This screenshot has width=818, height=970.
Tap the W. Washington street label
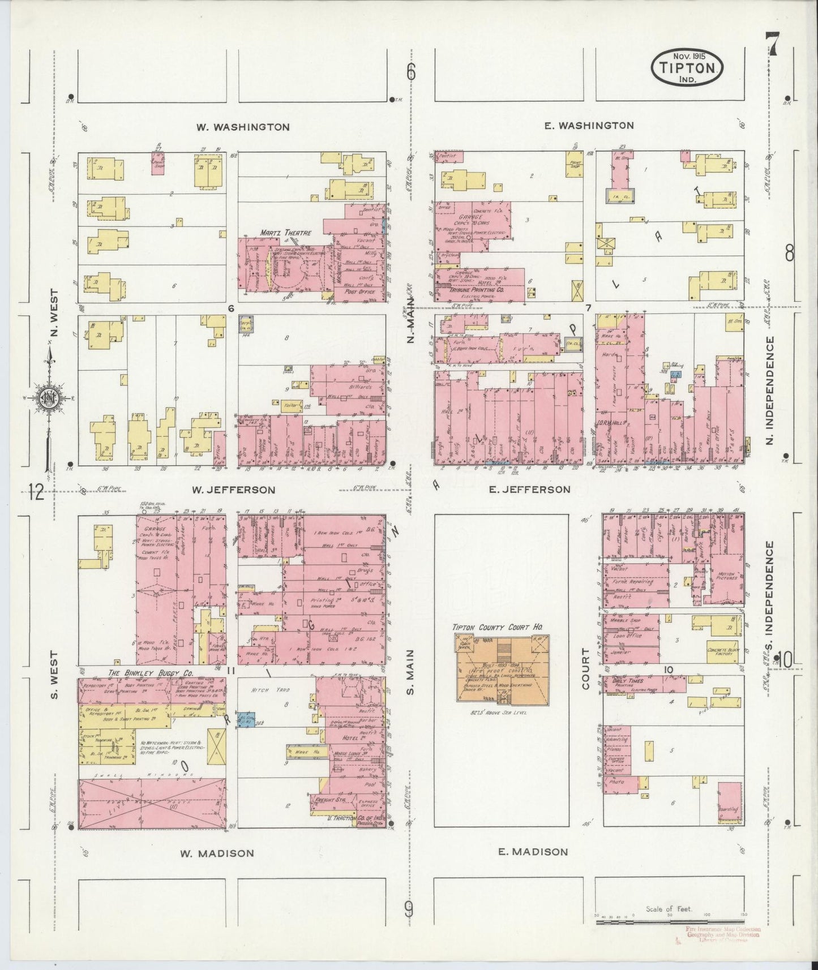pyautogui.click(x=243, y=127)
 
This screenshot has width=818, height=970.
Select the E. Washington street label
pyautogui.click(x=589, y=126)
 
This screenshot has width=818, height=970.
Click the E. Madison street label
pyautogui.click(x=532, y=852)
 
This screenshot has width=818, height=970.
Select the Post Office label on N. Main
pyautogui.click(x=358, y=292)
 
